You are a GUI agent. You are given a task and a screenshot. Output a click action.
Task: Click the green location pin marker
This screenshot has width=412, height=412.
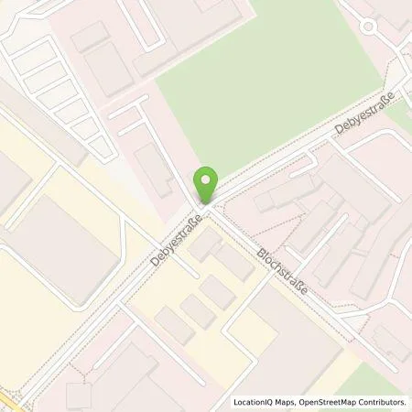click(x=208, y=183)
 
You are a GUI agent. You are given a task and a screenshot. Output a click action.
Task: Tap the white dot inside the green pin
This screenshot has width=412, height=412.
click(x=208, y=179)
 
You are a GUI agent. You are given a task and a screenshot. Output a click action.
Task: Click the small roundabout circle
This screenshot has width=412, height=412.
click(x=369, y=26)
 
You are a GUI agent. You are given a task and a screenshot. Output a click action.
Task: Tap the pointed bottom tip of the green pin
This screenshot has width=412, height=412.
click(x=208, y=202)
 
